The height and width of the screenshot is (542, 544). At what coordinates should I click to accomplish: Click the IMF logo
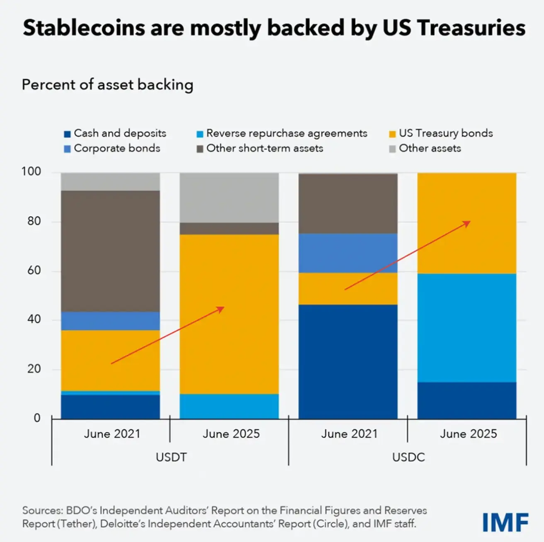tap(505, 522)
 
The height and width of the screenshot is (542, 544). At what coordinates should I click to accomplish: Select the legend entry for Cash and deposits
tap(115, 134)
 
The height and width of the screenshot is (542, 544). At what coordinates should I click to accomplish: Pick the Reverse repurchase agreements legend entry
tap(282, 134)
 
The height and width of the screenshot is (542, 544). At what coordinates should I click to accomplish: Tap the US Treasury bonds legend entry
tap(441, 134)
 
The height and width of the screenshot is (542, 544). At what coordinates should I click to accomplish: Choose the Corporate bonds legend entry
tap(112, 148)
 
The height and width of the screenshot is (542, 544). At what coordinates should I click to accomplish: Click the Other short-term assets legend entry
tap(260, 148)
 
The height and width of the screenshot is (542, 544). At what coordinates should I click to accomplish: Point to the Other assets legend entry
tap(425, 148)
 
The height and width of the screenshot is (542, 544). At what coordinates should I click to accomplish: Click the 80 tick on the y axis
tap(34, 221)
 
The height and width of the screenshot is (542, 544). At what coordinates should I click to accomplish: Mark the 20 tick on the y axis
tap(34, 369)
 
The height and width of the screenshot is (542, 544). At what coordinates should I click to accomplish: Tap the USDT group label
tap(171, 457)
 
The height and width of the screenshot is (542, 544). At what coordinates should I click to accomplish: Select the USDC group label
tap(408, 457)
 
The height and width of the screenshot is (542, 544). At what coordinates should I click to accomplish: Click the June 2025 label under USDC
tap(468, 434)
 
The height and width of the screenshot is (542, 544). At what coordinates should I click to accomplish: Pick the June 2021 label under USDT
tap(112, 434)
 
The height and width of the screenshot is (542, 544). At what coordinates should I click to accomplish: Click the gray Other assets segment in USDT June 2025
tap(229, 198)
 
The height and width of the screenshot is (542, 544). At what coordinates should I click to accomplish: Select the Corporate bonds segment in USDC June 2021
tap(348, 253)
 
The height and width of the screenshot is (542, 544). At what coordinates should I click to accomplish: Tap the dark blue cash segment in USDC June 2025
tap(467, 400)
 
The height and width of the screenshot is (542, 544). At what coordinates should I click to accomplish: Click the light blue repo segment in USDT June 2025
tap(229, 406)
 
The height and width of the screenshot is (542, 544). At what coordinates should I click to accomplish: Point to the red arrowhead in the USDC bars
tap(467, 224)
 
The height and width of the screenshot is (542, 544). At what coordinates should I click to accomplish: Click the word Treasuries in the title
tap(471, 28)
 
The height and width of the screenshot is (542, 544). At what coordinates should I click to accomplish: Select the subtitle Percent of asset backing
tap(107, 85)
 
